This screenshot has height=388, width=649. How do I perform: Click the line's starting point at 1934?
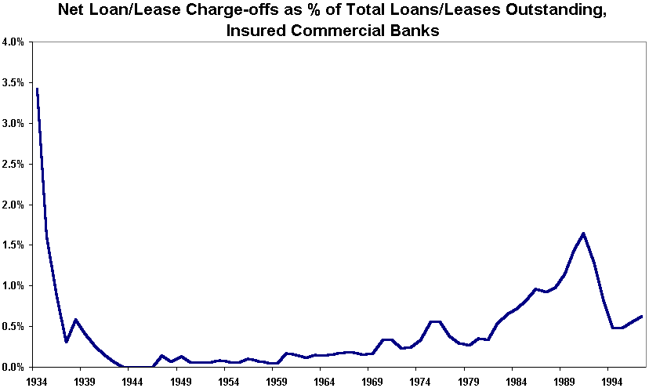coord(37,89)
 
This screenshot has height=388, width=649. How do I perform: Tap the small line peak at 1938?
coord(75,320)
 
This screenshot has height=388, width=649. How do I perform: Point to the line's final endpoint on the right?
coord(642,316)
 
